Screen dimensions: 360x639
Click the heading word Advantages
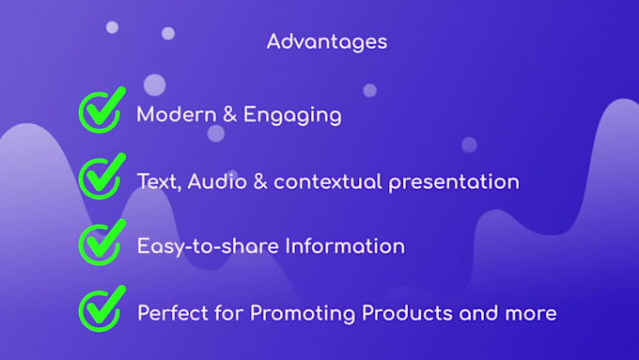tap(326, 41)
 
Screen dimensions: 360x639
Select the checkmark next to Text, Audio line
tap(101, 178)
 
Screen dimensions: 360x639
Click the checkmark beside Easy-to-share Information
tap(101, 243)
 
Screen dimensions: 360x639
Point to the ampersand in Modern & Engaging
tap(228, 116)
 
